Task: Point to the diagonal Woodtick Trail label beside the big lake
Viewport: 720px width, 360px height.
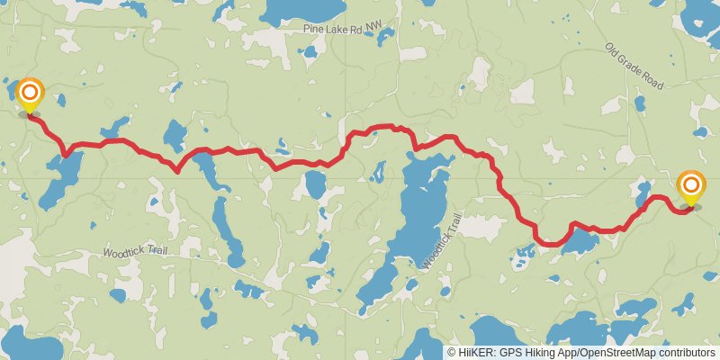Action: pyautogui.click(x=440, y=240)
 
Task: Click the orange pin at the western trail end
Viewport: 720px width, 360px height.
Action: pyautogui.click(x=30, y=93)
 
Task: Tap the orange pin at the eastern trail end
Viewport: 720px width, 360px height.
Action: pyautogui.click(x=691, y=186)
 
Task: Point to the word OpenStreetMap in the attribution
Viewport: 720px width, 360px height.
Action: pyautogui.click(x=620, y=353)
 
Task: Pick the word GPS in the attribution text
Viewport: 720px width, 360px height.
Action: pyautogui.click(x=511, y=353)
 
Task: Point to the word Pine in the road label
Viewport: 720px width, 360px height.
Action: pyautogui.click(x=313, y=30)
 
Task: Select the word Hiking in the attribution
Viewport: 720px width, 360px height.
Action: pyautogui.click(x=542, y=353)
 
